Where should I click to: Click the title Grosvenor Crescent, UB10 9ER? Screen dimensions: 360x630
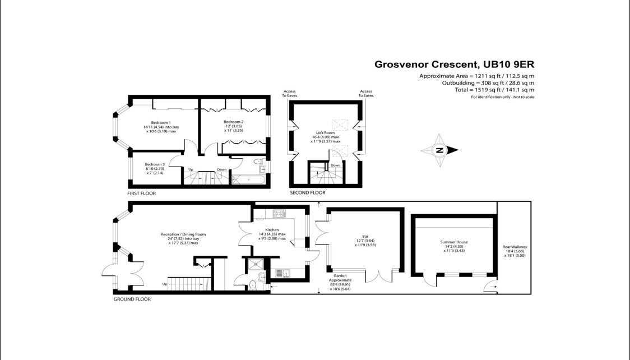tap(454, 64)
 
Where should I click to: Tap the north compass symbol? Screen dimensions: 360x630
tap(440, 150)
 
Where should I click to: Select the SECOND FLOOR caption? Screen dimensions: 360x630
tap(307, 193)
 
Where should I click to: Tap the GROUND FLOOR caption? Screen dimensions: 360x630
tap(132, 299)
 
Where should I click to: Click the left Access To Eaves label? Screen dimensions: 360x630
tap(290, 94)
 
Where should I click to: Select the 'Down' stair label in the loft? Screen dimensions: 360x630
tap(335, 165)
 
